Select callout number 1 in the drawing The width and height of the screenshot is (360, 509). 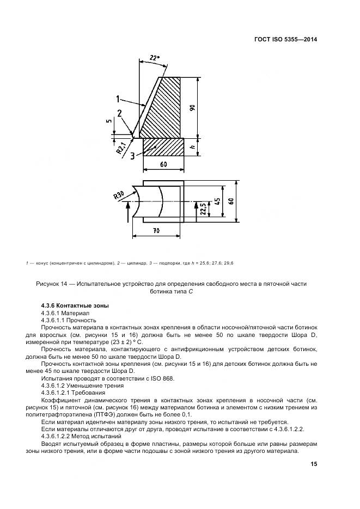click(x=118, y=99)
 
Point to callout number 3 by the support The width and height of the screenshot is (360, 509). click(x=132, y=156)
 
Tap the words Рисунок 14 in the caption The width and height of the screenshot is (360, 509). click(x=54, y=283)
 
